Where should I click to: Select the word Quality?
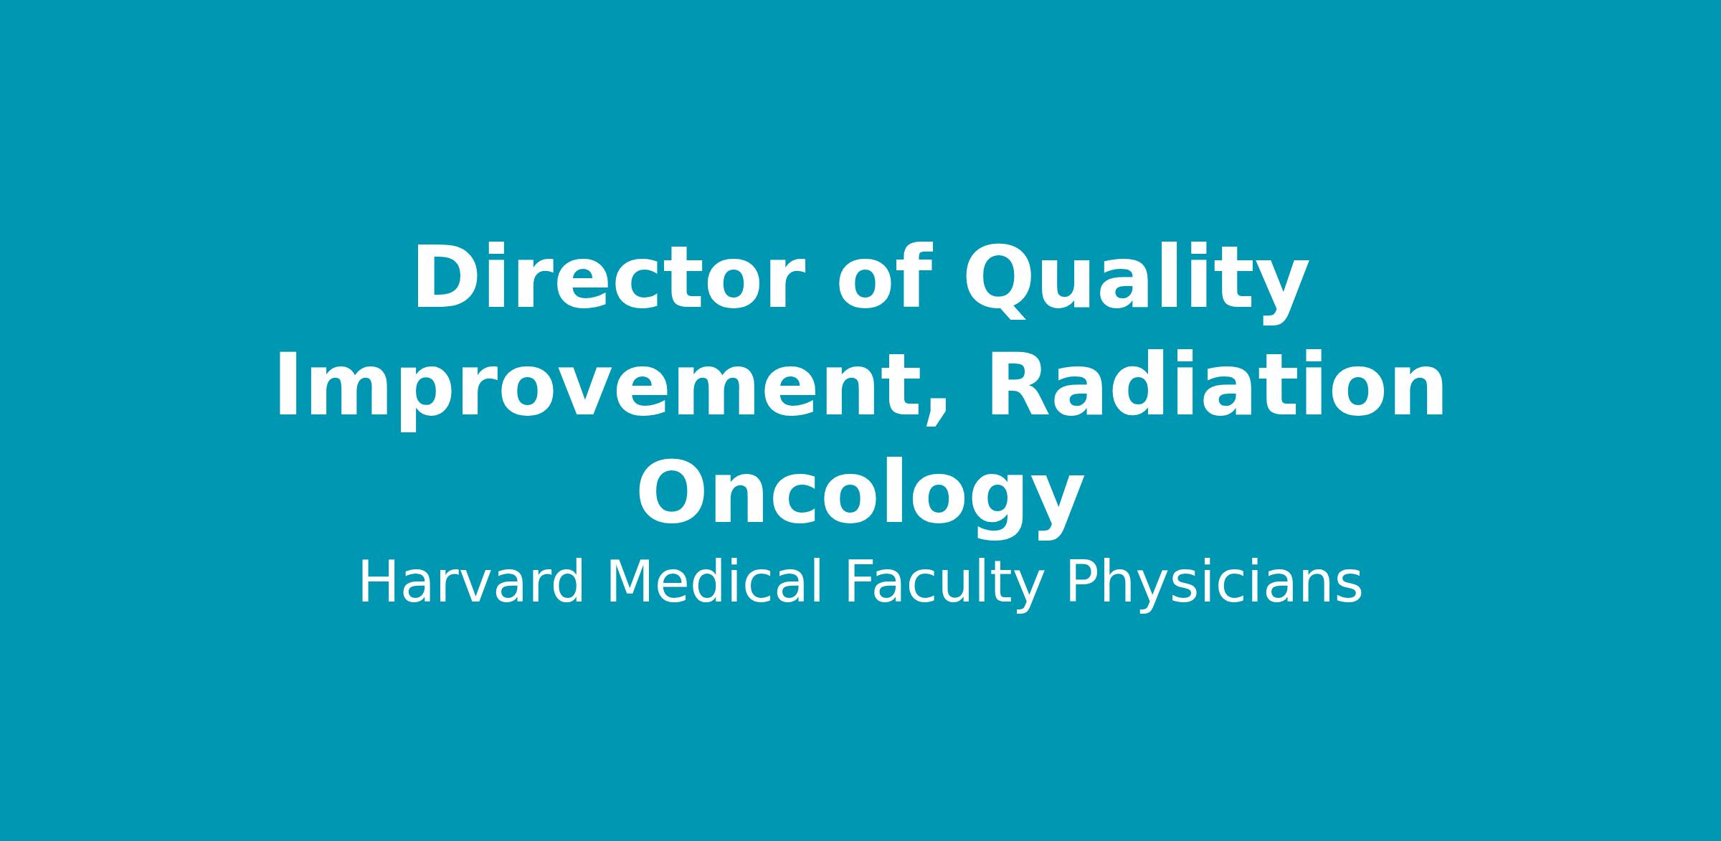tap(1136, 282)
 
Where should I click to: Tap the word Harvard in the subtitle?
tap(471, 583)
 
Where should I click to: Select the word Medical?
tap(714, 583)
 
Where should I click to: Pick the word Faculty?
tap(944, 586)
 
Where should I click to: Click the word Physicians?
tap(1214, 586)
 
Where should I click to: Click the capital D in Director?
tap(445, 278)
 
